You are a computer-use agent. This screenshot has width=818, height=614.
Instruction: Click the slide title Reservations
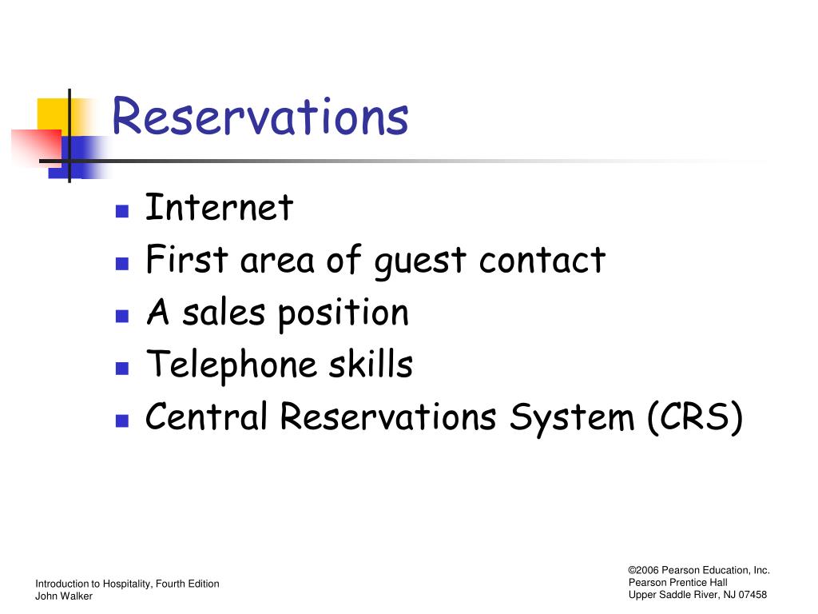pos(260,116)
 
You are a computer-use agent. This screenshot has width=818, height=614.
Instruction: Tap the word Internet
pos(219,207)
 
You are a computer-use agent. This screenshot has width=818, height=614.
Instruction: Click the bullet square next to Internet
pos(122,211)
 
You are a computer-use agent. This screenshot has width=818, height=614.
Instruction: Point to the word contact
pos(542,260)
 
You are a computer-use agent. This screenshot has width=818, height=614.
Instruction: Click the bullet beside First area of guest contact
pos(122,263)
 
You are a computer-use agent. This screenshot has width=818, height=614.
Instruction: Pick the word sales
pos(224,313)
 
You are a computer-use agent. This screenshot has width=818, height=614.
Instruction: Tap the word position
pos(343,314)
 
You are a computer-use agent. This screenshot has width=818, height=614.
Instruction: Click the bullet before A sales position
pos(122,316)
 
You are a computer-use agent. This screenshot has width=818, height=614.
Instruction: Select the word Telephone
pos(232,365)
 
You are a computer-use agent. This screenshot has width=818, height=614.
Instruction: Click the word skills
pos(371,364)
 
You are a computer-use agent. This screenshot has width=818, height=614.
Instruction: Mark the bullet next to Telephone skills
pos(122,369)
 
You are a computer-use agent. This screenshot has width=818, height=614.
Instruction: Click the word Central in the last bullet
pos(206,416)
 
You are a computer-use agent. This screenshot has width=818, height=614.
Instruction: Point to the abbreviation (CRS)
pos(695,417)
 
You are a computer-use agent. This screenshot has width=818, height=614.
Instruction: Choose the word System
pos(572,418)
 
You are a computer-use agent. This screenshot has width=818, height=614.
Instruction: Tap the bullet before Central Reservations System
pos(122,421)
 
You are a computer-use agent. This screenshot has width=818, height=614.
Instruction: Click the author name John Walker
pos(64,596)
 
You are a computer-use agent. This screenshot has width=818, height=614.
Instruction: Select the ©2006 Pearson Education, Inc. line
pos(699,570)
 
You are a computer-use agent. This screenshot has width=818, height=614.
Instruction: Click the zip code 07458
pos(752,595)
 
